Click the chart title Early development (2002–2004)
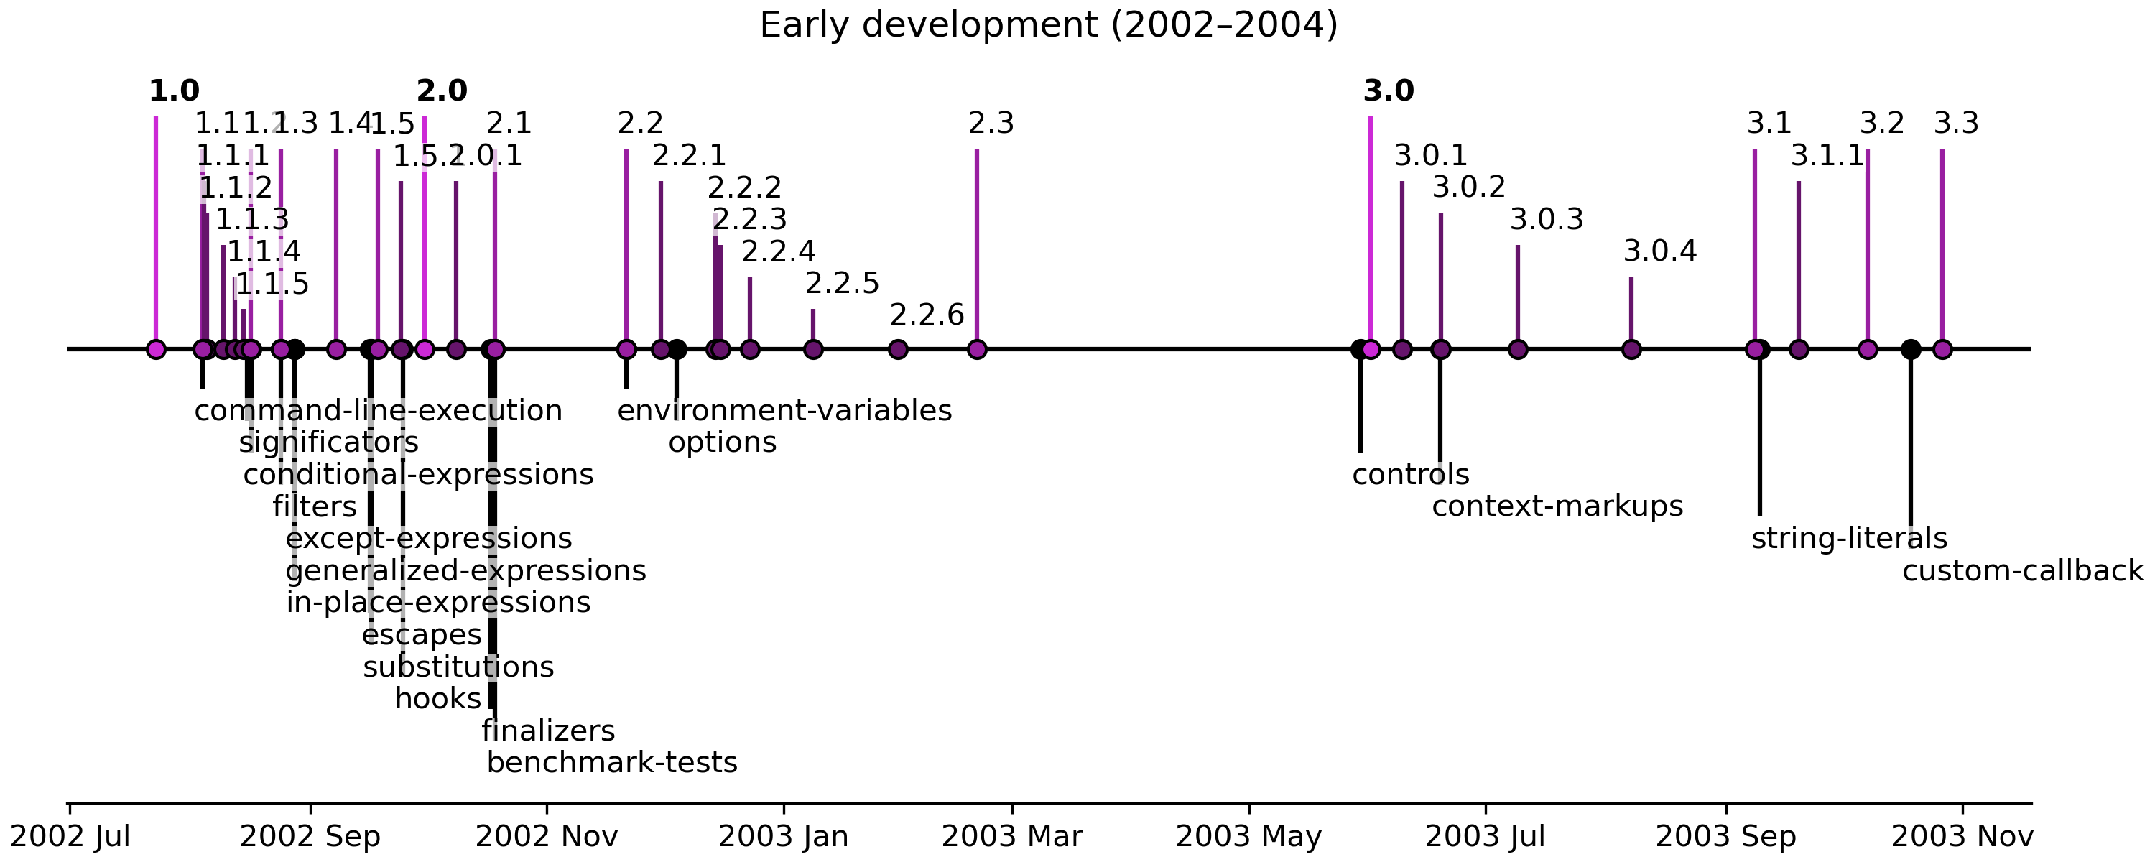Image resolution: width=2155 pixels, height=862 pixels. [1048, 25]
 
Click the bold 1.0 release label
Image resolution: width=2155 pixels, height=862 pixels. [174, 91]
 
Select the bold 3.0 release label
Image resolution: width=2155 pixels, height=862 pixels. [1388, 91]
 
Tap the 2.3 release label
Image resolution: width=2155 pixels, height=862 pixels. [991, 124]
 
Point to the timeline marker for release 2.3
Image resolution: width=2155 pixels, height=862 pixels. [976, 349]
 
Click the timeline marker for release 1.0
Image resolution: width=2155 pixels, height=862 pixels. [156, 349]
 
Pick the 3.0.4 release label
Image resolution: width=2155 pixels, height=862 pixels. [1660, 251]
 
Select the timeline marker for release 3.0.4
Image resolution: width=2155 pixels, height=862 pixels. [1631, 349]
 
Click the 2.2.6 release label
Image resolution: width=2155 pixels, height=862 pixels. [926, 315]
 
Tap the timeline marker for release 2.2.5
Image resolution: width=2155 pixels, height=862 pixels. [812, 349]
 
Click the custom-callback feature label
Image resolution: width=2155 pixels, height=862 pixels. [2022, 572]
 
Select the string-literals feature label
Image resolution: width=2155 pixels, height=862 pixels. [1849, 539]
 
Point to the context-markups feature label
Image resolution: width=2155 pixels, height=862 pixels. [1557, 507]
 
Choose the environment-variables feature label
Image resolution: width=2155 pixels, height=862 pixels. [784, 411]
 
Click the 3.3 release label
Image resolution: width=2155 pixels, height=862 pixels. [1955, 124]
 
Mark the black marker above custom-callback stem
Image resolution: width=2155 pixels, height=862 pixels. [1910, 349]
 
